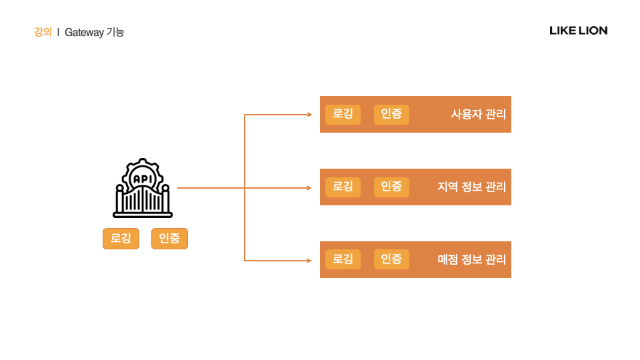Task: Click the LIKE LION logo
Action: [578, 31]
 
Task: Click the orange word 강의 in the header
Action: [43, 32]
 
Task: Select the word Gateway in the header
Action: [84, 32]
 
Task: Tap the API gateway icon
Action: [143, 189]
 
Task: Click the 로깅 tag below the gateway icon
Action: [121, 239]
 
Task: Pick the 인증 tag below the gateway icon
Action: [169, 239]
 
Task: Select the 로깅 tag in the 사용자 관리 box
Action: [343, 114]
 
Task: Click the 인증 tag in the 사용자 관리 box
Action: [391, 114]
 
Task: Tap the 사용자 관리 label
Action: [478, 115]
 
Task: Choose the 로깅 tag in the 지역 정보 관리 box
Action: [343, 187]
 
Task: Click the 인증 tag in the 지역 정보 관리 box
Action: [391, 187]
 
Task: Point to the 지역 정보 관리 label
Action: [471, 187]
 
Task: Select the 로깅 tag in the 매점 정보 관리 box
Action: [343, 259]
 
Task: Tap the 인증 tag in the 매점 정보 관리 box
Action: [391, 259]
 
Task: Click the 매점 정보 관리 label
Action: [471, 260]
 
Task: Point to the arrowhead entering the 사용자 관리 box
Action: [309, 115]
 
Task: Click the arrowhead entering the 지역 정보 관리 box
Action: [309, 188]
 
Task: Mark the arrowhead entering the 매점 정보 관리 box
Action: [309, 260]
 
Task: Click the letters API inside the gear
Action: [142, 179]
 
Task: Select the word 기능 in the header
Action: [115, 32]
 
